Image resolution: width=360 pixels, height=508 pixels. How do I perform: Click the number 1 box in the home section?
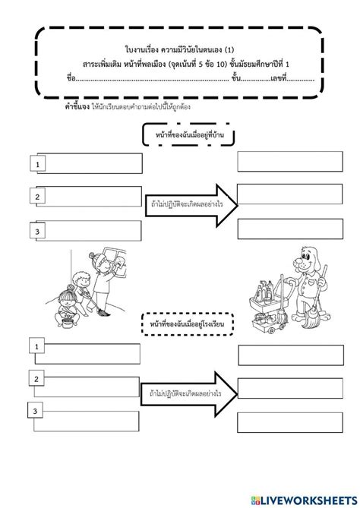tap(36, 162)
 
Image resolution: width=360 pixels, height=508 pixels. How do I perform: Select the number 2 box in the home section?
tap(36, 197)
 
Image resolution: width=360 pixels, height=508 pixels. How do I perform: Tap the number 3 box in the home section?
tap(36, 231)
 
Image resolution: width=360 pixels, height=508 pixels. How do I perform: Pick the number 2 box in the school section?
tap(36, 378)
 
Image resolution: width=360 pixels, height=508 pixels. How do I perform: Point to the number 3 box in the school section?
tap(35, 412)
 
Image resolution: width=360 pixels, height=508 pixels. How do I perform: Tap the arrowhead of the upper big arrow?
tap(225, 200)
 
